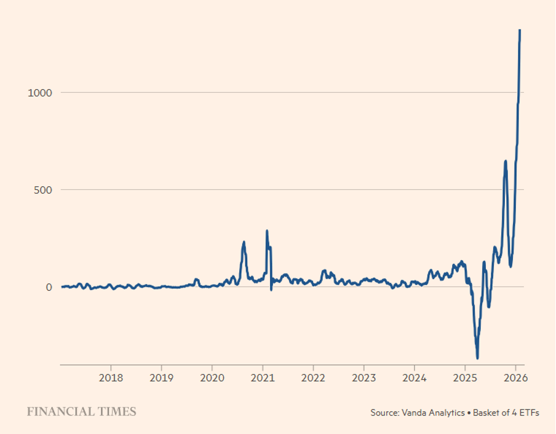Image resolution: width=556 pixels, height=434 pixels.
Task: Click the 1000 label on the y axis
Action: (x=40, y=92)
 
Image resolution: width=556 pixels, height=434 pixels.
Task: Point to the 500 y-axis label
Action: (x=43, y=189)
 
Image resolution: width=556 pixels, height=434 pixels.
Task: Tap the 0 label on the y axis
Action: (x=50, y=287)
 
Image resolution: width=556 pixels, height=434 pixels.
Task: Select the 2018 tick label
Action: (x=111, y=377)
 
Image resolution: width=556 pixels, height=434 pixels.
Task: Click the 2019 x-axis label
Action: (x=161, y=377)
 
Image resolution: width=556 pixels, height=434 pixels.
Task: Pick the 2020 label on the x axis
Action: (x=212, y=377)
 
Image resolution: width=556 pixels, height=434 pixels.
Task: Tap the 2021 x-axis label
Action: (x=263, y=377)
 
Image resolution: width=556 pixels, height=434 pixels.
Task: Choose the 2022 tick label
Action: (x=313, y=377)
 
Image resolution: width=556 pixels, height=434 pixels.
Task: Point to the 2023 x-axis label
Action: (x=364, y=377)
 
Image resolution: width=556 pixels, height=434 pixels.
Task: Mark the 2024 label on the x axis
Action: (x=415, y=377)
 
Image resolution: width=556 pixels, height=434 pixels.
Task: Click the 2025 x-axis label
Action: (x=466, y=377)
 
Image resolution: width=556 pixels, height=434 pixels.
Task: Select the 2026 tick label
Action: (x=516, y=377)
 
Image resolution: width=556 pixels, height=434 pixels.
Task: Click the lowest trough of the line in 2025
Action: (x=477, y=357)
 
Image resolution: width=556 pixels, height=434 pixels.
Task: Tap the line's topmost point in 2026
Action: (x=520, y=30)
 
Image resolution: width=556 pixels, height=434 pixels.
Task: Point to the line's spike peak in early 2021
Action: (x=267, y=231)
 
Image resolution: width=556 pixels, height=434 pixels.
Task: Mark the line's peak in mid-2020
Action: (x=244, y=242)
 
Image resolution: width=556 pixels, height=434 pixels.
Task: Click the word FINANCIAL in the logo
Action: (x=60, y=412)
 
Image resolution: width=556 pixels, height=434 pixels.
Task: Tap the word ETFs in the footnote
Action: (x=529, y=413)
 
